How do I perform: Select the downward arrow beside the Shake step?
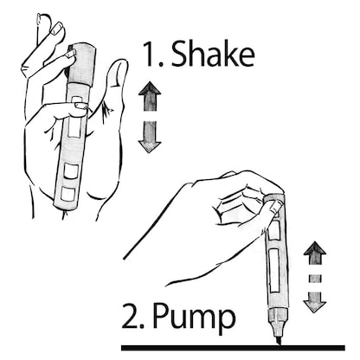151,135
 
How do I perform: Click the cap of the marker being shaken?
79,54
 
